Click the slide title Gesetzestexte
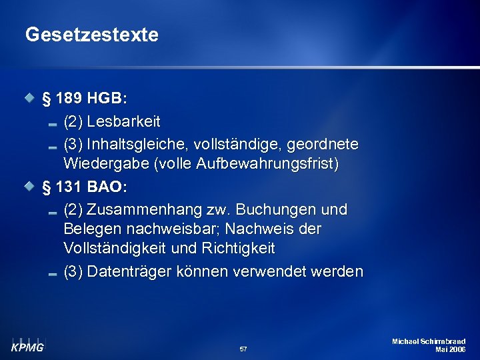coord(92,35)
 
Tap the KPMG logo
coord(28,345)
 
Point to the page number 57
coord(243,349)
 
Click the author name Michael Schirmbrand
coord(429,341)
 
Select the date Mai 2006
coord(450,349)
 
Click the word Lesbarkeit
coord(123,122)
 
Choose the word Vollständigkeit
coord(112,248)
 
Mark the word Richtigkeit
coord(237,248)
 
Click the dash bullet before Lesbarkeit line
coord(53,123)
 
